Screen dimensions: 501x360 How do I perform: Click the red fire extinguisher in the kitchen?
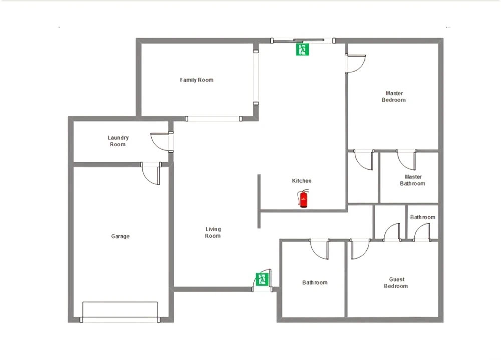pos(303,198)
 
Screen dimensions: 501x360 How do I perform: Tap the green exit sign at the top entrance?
pos(302,49)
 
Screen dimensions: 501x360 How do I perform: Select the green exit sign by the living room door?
pos(262,279)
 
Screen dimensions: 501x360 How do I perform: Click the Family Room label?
pos(196,80)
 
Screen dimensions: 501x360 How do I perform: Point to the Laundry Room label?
pos(118,141)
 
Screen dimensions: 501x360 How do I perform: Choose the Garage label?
pos(120,236)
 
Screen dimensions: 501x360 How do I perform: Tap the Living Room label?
pos(213,232)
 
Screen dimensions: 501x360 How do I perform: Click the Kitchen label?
pos(301,181)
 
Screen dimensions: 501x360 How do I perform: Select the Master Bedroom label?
pos(394,97)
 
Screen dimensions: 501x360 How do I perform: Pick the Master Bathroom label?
pos(413,180)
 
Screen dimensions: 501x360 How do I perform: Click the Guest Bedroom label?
pos(396,283)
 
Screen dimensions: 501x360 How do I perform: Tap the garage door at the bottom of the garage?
pos(120,312)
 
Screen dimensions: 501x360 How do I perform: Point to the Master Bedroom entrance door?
pos(355,63)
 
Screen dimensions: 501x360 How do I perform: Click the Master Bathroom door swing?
pos(406,160)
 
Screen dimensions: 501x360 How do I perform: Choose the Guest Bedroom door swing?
pos(360,249)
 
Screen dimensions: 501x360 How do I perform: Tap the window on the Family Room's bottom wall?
pos(213,119)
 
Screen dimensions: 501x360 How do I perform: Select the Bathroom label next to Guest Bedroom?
pos(315,283)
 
